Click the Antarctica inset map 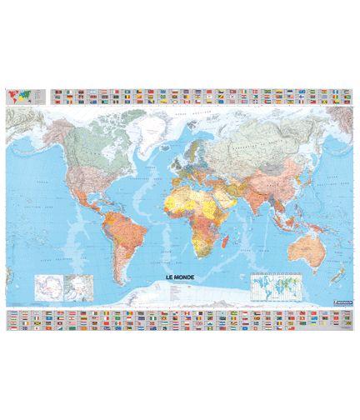[x=45, y=287]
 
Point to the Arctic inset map [x=77, y=287]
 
